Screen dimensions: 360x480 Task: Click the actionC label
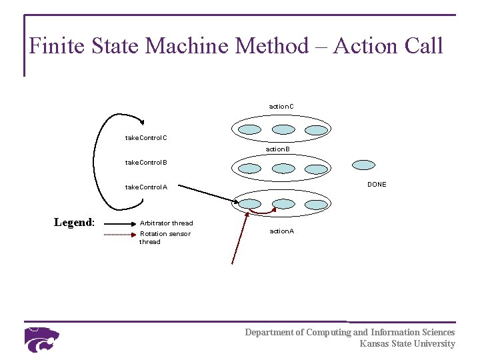(281, 106)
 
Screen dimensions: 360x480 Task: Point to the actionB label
(277, 149)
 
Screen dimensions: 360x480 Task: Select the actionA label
(281, 231)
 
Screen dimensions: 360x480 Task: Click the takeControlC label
(146, 138)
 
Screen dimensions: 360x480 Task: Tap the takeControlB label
(146, 162)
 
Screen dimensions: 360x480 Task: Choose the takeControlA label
(146, 187)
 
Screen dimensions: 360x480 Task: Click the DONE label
(377, 185)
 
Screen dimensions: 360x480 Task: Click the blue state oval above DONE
(363, 165)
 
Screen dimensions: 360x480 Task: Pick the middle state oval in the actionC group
(283, 129)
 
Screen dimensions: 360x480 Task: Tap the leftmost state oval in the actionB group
(251, 168)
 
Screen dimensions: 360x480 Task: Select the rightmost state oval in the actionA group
(315, 203)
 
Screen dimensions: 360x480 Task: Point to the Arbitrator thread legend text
(166, 223)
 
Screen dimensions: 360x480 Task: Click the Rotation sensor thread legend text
(164, 237)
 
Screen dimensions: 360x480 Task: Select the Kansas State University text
(407, 344)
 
